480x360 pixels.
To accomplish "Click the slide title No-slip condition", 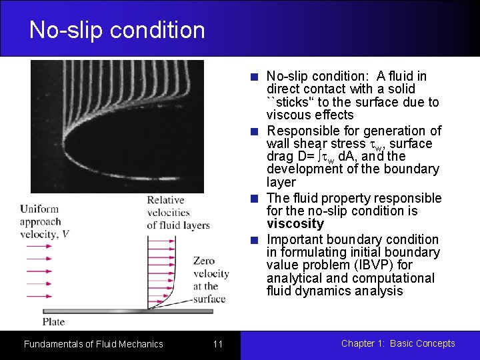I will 117,30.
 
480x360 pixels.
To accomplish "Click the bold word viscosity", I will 295,224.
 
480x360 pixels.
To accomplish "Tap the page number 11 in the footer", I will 218,344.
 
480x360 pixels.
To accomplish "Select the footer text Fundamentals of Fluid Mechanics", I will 93,344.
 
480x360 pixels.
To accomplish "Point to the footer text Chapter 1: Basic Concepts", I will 398,344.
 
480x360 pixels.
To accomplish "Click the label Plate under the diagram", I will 54,322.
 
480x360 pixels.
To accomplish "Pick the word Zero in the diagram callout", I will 204,261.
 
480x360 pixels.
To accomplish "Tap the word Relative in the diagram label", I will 165,200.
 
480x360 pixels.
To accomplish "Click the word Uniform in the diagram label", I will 39,209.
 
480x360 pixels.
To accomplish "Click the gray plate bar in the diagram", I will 133,311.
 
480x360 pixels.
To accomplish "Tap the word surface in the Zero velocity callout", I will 209,299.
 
